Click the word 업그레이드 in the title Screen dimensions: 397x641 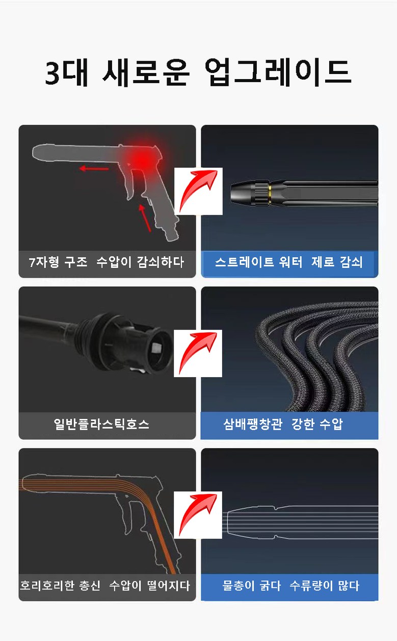[278, 72]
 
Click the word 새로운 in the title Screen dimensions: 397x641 [146, 72]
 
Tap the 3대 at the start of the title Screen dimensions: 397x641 [67, 72]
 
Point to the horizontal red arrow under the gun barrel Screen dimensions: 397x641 [94, 168]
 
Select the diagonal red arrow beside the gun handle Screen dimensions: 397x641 [145, 218]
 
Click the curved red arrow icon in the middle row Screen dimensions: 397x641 [198, 353]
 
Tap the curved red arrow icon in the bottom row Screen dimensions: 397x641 [198, 514]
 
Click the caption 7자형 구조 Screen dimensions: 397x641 [58, 262]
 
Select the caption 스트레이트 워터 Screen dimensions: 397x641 [259, 262]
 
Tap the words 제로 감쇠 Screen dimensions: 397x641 [337, 262]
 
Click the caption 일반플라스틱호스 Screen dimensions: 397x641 [101, 424]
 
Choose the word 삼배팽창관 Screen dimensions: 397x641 [253, 424]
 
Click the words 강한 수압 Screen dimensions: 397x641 [317, 424]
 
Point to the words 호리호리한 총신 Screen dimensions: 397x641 [60, 586]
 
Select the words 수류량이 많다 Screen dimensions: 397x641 [324, 586]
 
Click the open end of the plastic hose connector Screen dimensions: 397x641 [158, 350]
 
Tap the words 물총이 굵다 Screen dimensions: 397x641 [252, 586]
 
